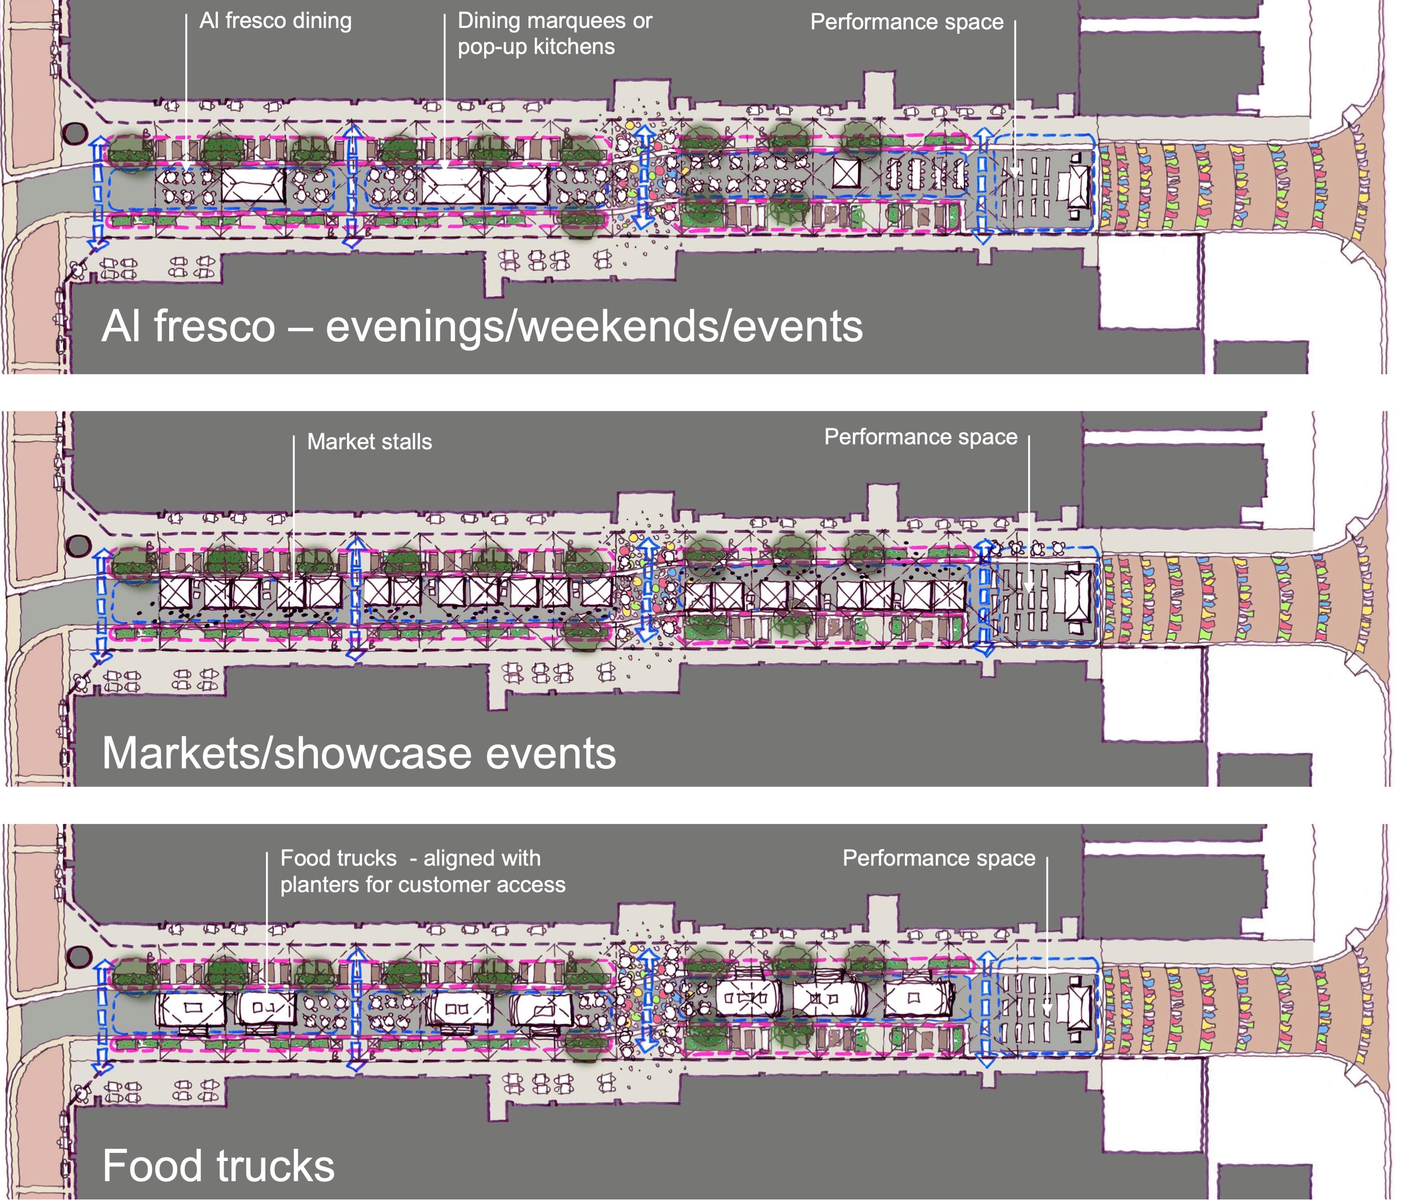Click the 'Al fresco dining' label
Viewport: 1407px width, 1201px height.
(275, 21)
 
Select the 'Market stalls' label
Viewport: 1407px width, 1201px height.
(369, 442)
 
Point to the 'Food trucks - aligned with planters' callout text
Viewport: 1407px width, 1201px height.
(422, 872)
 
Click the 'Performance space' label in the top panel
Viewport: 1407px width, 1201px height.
(906, 22)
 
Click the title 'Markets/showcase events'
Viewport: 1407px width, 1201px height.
(359, 754)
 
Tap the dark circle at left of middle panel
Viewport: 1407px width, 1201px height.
(80, 545)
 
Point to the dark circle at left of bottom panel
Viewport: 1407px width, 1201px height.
(80, 957)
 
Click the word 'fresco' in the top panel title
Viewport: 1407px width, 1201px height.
(215, 327)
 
